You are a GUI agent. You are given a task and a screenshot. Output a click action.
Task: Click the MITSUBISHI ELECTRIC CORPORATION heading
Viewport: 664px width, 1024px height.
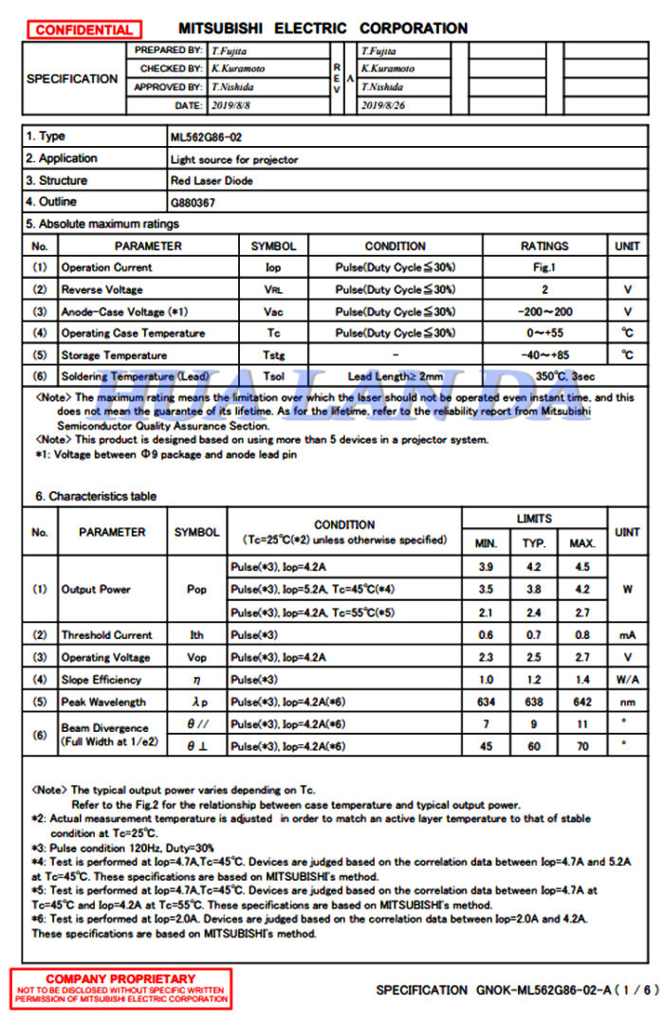(323, 28)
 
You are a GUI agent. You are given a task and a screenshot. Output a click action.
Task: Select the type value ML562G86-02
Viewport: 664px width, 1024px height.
(206, 137)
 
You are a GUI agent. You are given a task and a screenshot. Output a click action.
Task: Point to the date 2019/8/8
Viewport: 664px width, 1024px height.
(231, 105)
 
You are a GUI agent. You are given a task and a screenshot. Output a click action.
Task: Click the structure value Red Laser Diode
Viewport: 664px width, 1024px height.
(211, 180)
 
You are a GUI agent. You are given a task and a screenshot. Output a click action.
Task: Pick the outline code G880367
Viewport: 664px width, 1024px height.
(193, 202)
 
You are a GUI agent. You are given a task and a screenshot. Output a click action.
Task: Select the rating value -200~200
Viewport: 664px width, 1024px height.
(544, 311)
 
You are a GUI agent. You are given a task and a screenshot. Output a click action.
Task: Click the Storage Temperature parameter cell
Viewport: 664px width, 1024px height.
(114, 355)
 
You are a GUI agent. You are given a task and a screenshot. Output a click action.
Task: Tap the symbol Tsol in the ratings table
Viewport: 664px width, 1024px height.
(273, 376)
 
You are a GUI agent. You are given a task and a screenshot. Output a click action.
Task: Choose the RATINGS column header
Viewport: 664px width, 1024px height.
(544, 246)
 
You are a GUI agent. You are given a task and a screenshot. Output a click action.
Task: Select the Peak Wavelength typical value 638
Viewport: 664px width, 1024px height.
(533, 702)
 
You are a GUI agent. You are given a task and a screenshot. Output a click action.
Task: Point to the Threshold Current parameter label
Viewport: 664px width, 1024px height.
(106, 635)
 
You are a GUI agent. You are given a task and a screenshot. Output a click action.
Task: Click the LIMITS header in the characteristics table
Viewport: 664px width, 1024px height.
(533, 519)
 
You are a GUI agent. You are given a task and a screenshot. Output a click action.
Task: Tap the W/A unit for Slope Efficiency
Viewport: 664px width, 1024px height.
(627, 680)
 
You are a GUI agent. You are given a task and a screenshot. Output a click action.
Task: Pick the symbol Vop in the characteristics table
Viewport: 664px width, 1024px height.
(196, 657)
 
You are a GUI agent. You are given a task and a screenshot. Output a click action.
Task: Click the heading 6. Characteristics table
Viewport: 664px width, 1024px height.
(96, 496)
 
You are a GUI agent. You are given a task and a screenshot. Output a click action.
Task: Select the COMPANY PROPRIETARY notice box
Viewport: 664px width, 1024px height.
(121, 988)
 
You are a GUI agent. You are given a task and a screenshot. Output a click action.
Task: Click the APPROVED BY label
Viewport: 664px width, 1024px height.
(168, 87)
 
